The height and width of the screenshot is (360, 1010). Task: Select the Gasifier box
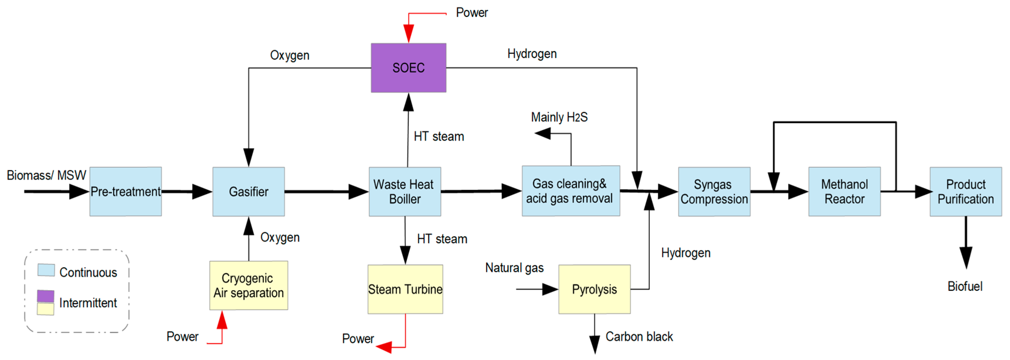[x=249, y=191]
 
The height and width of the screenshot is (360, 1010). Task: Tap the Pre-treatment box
[x=125, y=191]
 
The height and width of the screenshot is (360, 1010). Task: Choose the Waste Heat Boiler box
[x=405, y=191]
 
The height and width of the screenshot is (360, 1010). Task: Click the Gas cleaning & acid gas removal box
[x=571, y=191]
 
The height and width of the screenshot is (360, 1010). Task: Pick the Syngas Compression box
[x=714, y=191]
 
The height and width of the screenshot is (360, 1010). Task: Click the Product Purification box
[x=965, y=191]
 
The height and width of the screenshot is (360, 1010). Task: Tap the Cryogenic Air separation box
[x=249, y=285]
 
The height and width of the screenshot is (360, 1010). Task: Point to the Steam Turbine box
[x=405, y=289]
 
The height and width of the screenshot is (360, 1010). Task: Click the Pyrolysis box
[x=594, y=289]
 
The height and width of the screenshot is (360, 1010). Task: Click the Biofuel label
[x=965, y=286]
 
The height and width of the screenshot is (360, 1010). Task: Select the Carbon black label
[x=639, y=337]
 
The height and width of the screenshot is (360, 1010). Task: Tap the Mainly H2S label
[x=559, y=117]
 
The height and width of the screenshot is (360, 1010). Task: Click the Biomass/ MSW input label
[x=46, y=175]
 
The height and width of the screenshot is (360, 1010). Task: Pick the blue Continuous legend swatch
[x=46, y=270]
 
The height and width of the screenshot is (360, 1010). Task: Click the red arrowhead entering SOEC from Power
[x=409, y=33]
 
